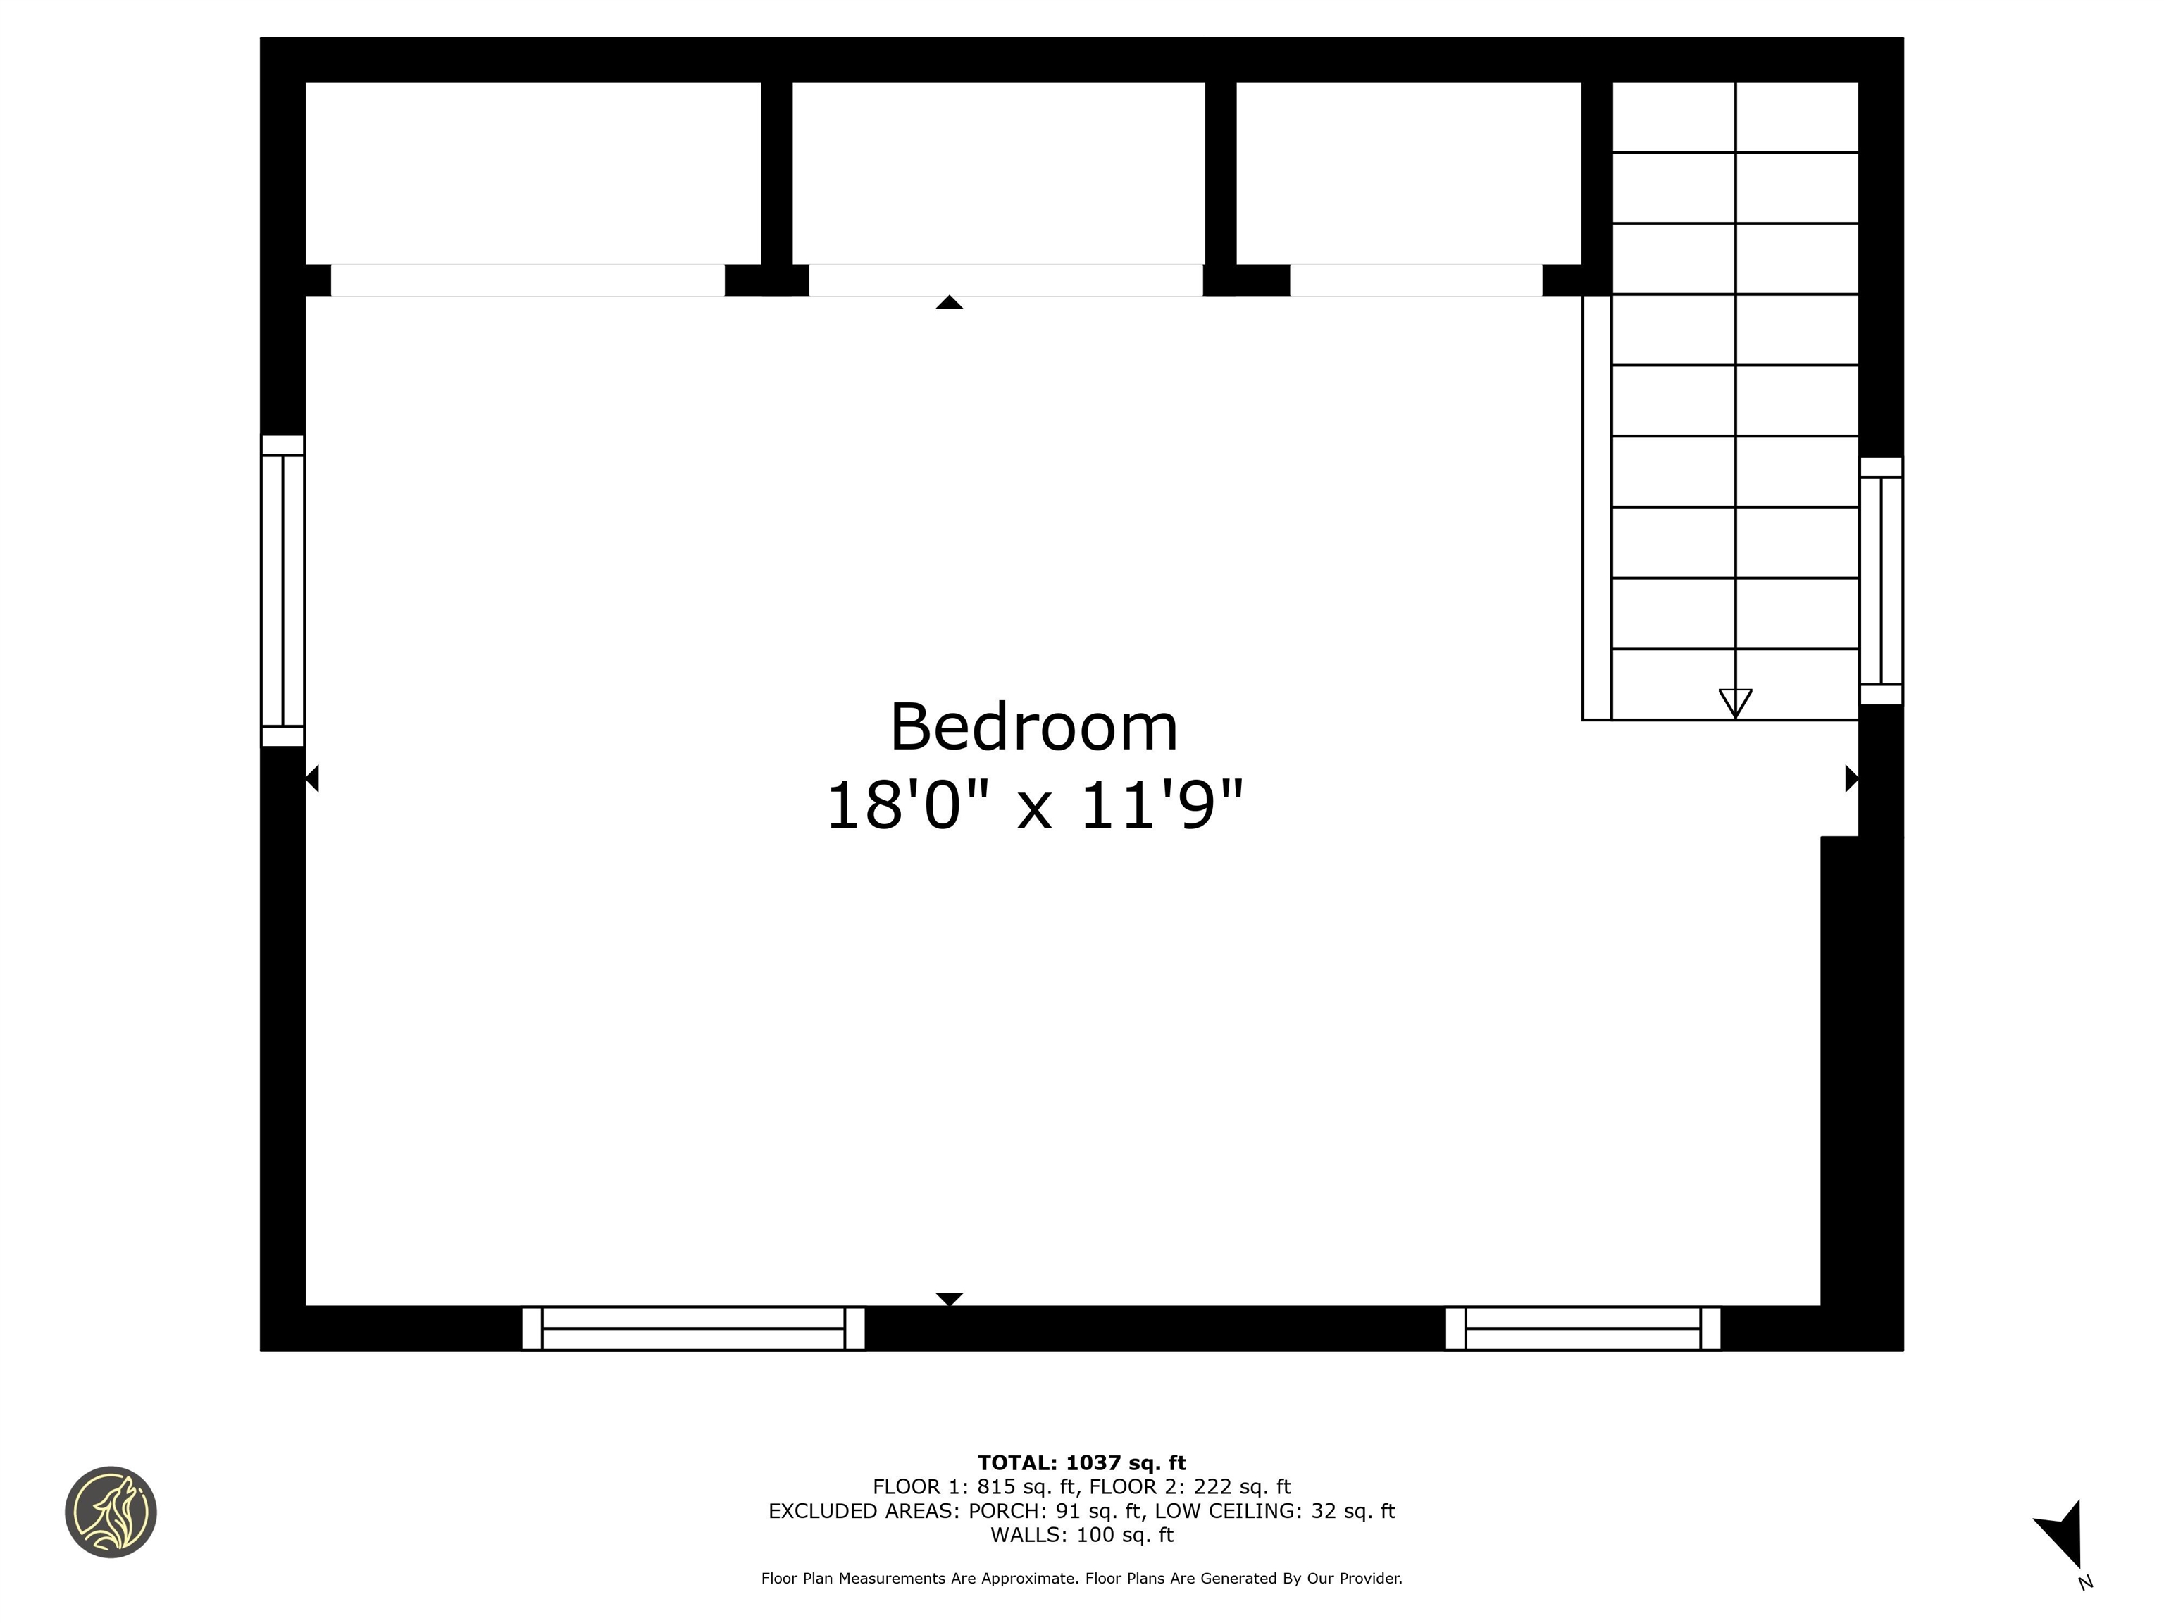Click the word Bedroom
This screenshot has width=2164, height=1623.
1033,727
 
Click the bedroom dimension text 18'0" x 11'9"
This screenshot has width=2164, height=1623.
1033,806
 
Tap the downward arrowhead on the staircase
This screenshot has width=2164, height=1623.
1734,702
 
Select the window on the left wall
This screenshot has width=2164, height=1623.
282,591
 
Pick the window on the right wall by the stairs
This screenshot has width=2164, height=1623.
1880,581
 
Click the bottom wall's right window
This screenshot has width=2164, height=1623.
1582,1328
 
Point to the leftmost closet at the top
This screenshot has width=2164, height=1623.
533,173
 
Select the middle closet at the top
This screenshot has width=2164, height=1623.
998,173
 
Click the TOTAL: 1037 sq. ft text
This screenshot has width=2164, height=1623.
1081,1462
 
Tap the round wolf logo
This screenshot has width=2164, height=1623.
111,1512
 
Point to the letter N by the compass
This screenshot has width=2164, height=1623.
2085,1583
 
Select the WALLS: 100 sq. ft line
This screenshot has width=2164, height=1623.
1081,1535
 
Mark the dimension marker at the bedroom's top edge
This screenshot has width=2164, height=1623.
949,302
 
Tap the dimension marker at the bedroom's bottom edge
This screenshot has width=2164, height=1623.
949,1298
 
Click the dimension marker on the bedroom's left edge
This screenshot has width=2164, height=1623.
312,778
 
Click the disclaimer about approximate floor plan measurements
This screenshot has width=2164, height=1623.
1081,1578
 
